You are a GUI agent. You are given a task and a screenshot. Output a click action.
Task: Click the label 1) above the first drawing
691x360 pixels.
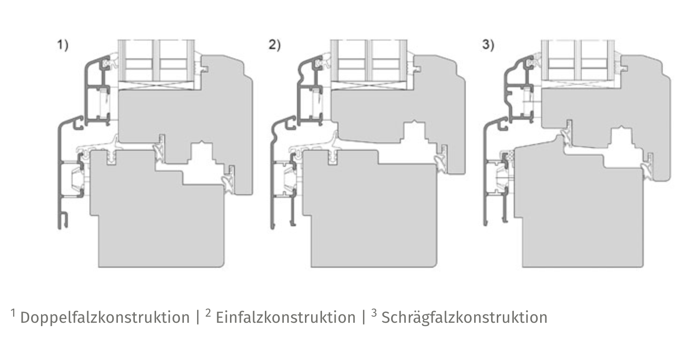tap(63, 45)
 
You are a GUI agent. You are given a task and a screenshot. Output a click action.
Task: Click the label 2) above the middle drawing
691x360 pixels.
tap(274, 45)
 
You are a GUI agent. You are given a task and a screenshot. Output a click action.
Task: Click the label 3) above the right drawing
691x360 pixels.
tap(488, 45)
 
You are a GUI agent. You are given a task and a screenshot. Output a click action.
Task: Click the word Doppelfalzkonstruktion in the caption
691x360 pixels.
tap(105, 318)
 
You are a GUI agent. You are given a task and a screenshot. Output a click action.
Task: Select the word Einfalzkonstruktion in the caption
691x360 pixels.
tap(286, 318)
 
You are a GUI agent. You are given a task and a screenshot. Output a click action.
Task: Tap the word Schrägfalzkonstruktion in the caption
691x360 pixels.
tap(465, 318)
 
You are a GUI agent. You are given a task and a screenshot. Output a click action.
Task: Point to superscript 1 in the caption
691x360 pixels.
tap(13, 313)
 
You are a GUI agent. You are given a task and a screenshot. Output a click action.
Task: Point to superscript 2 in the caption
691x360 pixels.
tap(208, 313)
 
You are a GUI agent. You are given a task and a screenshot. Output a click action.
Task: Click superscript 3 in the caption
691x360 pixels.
tap(374, 313)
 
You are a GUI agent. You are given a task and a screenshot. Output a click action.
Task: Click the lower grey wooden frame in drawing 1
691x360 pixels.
tap(160, 222)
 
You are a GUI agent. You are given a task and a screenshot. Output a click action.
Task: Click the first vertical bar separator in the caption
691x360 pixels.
tap(198, 318)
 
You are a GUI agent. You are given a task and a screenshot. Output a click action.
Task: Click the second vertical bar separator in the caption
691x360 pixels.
tap(364, 318)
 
